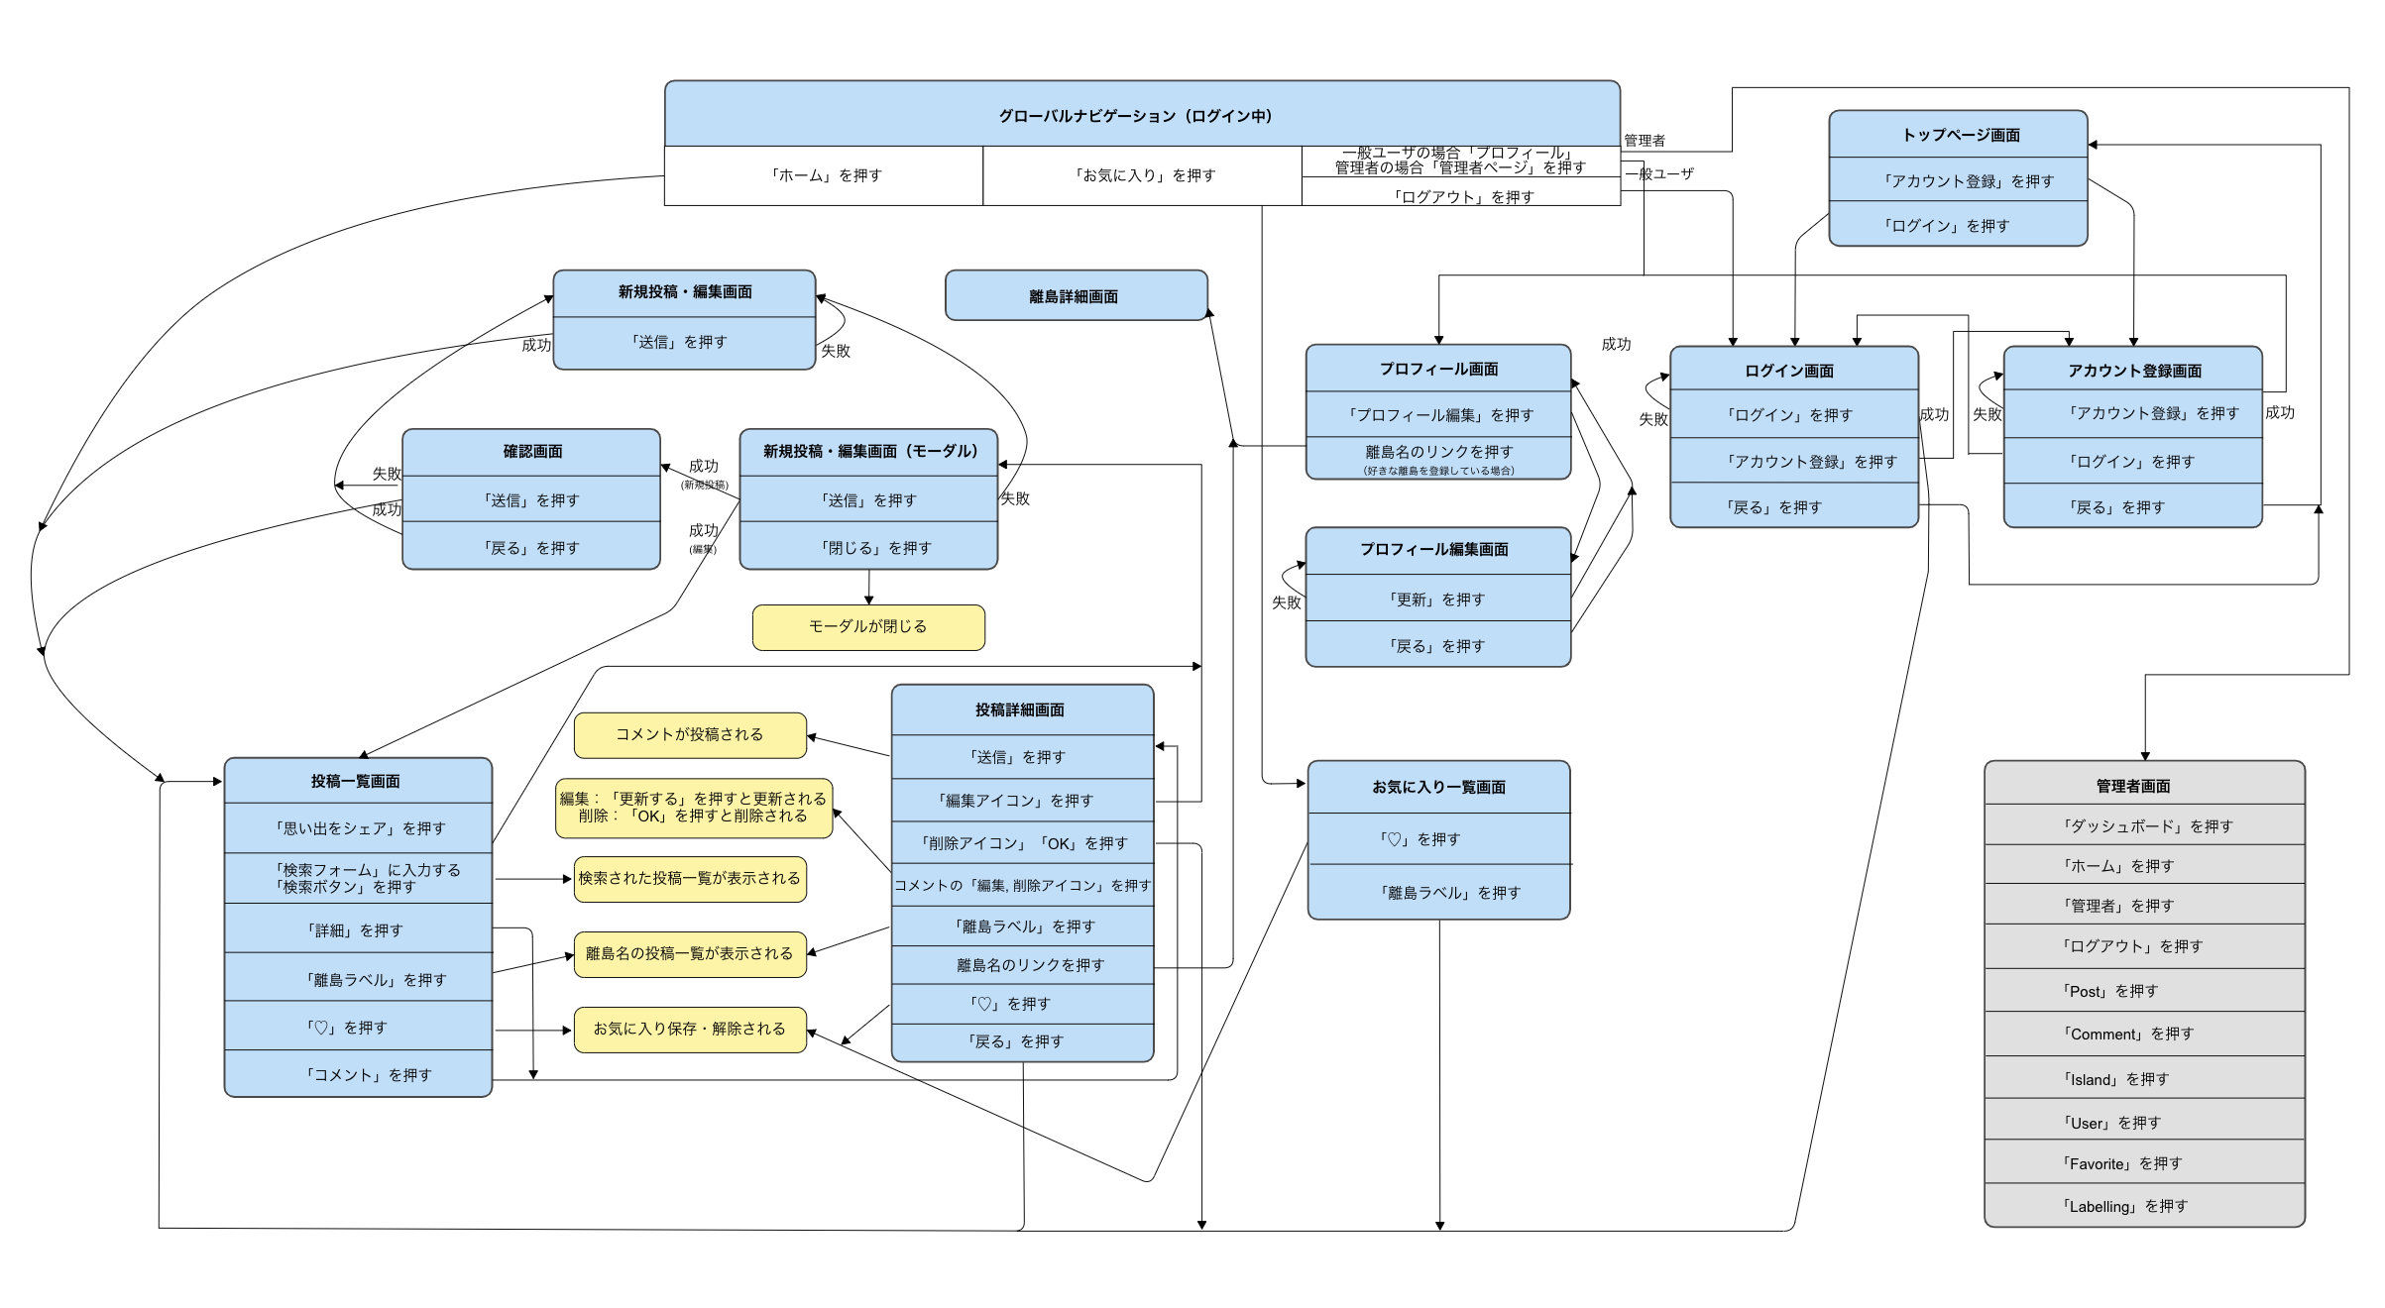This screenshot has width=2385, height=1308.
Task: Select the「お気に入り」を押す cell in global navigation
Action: [1143, 175]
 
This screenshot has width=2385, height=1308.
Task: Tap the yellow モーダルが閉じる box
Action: [868, 626]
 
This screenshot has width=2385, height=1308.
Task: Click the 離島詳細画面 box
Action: [1076, 296]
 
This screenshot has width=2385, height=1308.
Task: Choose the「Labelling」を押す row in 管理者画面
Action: [2143, 1206]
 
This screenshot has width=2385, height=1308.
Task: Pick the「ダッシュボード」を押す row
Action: [2143, 825]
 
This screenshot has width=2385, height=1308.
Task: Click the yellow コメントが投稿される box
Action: [690, 734]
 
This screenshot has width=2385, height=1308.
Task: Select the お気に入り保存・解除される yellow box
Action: [690, 1029]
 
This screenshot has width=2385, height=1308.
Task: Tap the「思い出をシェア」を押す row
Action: [359, 827]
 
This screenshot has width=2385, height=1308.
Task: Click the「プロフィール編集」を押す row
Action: [1438, 414]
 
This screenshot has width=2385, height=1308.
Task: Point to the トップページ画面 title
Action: [1959, 135]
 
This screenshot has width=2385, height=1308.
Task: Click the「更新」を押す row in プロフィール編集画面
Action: [1438, 599]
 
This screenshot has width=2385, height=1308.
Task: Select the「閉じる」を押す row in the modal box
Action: [868, 547]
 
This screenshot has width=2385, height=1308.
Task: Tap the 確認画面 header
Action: [532, 451]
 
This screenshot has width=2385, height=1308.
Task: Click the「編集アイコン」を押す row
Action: [1022, 800]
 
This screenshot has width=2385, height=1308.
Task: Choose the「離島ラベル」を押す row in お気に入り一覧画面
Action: [1439, 892]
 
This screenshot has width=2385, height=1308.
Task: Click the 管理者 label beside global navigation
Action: [1645, 140]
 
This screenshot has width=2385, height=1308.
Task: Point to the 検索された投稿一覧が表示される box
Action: [690, 878]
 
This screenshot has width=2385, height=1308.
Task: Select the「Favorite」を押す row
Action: [2143, 1163]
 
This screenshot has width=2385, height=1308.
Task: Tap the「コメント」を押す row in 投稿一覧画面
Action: [359, 1074]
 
